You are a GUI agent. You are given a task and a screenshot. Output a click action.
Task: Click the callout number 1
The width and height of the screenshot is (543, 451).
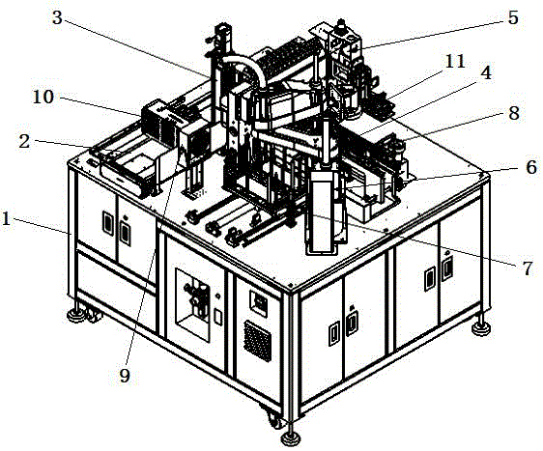click(6, 219)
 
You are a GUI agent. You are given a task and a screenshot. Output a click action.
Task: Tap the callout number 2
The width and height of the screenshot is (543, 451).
click(24, 142)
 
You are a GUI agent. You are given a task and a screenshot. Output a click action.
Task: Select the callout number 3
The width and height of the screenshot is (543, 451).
click(57, 17)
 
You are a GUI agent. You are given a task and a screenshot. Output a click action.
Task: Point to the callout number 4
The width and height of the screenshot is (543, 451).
click(487, 72)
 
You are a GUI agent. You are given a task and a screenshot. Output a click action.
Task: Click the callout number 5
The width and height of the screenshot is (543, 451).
click(513, 17)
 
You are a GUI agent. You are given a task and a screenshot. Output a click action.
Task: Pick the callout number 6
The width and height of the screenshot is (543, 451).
click(530, 167)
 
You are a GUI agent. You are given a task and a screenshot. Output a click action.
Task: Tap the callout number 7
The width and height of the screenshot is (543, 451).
click(528, 268)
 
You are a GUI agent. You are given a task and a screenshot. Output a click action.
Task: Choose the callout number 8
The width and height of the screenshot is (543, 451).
click(514, 113)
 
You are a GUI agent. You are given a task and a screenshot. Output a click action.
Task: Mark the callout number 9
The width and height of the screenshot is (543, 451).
click(125, 376)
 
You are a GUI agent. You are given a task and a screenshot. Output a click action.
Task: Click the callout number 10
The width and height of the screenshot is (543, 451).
click(43, 98)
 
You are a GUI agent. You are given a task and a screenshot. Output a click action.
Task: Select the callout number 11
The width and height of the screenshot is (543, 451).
click(455, 62)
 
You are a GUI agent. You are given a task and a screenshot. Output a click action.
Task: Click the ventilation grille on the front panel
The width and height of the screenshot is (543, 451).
click(258, 341)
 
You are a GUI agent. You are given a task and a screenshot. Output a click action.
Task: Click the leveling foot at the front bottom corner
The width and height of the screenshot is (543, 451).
click(290, 437)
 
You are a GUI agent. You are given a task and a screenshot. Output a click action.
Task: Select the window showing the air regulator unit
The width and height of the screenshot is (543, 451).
click(193, 304)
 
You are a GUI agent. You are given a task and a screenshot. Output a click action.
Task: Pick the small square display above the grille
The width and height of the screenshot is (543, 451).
click(258, 303)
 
